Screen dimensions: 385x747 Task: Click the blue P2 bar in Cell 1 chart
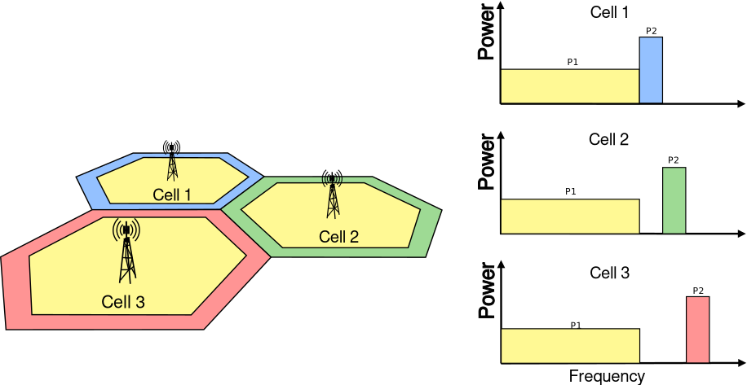click(x=651, y=70)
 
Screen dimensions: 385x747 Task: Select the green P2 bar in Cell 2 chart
click(x=674, y=200)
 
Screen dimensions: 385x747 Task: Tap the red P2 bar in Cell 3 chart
click(x=697, y=330)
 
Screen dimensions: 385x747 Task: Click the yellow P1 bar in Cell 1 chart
click(x=569, y=86)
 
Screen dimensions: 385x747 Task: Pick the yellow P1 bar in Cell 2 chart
click(x=569, y=217)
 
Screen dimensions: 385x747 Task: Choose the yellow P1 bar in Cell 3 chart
click(x=569, y=346)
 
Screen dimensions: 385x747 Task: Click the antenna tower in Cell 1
click(x=171, y=160)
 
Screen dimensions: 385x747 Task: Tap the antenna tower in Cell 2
click(x=332, y=195)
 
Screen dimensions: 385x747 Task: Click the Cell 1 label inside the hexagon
click(x=171, y=195)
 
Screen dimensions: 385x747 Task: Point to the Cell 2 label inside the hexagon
click(x=338, y=237)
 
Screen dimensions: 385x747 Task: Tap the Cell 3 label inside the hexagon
click(x=123, y=302)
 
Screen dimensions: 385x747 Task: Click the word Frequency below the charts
click(x=607, y=376)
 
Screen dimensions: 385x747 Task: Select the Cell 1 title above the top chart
click(x=609, y=12)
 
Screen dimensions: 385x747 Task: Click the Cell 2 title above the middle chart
click(x=609, y=139)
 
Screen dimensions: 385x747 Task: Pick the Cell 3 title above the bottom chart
click(x=609, y=273)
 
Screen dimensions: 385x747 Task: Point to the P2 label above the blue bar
click(x=651, y=31)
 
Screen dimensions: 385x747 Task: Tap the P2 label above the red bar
click(x=698, y=291)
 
